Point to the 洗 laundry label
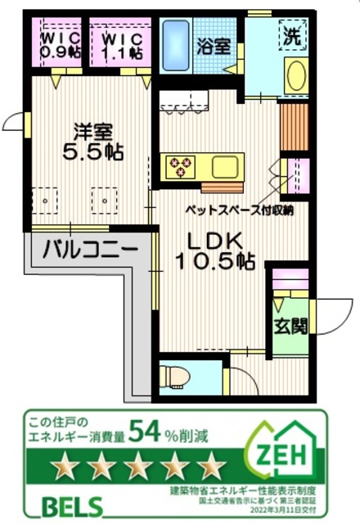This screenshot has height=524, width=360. click(292, 36)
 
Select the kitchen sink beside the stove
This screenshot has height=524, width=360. click(223, 167)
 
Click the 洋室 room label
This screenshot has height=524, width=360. click(90, 131)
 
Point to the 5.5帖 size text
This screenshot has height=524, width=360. click(90, 152)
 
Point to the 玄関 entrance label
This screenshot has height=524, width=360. click(290, 327)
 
